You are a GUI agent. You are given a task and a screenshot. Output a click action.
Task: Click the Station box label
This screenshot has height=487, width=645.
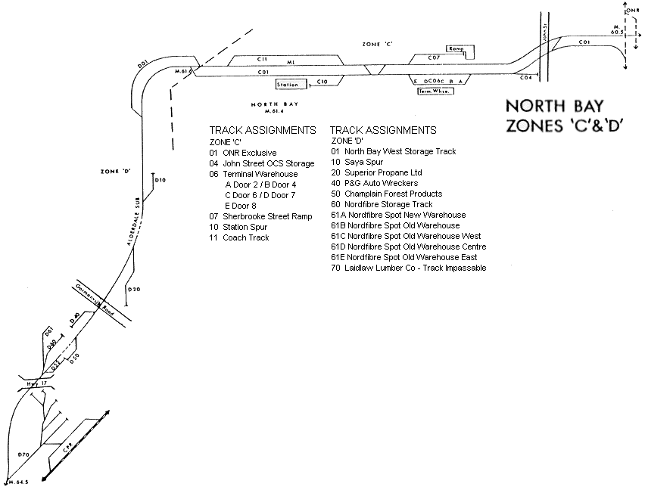point(288,85)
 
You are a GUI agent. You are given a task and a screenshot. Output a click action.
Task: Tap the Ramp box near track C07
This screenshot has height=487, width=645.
point(455,48)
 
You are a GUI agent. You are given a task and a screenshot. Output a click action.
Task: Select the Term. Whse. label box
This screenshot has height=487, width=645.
point(431,91)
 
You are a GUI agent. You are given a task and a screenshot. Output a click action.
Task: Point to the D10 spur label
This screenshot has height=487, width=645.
point(160,180)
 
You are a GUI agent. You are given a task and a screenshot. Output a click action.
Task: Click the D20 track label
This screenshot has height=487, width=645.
point(134,290)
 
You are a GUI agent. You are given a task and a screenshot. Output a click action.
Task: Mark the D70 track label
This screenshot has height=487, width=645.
point(23,454)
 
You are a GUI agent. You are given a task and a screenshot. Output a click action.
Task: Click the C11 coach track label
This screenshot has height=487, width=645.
point(263,59)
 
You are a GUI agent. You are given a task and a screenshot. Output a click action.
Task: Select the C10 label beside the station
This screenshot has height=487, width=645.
point(321,81)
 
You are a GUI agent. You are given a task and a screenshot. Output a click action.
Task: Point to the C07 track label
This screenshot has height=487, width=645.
point(434,57)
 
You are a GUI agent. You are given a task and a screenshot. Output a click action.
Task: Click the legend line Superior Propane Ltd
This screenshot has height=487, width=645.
point(372,172)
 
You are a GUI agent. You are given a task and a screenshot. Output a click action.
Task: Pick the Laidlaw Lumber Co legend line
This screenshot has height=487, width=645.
point(409,268)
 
